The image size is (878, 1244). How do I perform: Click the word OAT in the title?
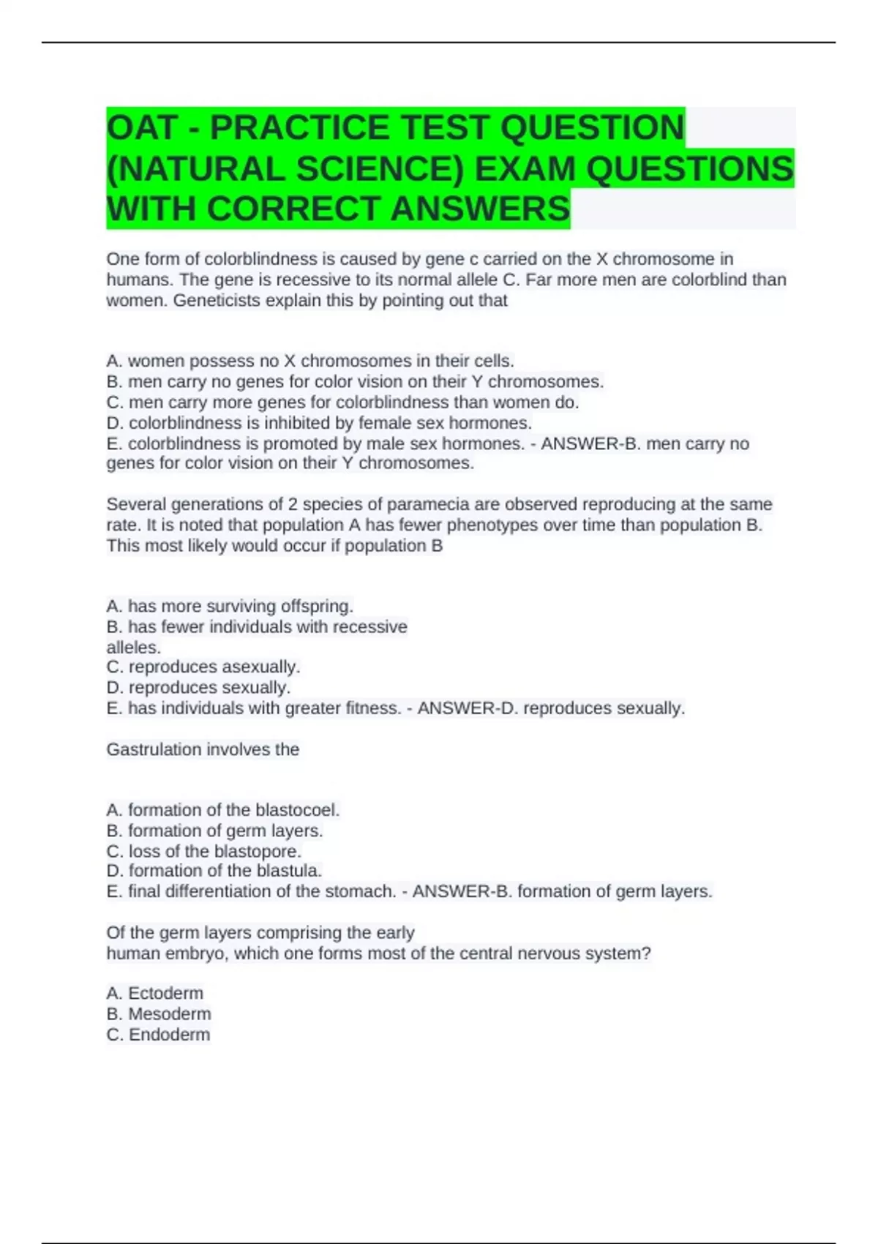(142, 128)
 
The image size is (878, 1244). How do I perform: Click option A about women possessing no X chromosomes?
(310, 361)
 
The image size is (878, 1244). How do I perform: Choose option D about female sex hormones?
(319, 423)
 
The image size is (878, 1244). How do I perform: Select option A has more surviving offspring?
(230, 606)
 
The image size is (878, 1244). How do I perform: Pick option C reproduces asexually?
(203, 667)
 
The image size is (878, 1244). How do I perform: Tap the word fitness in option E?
(372, 708)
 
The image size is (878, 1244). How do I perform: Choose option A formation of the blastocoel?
(223, 810)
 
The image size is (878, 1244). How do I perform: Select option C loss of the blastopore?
(204, 851)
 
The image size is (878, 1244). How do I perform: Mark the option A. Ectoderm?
(155, 993)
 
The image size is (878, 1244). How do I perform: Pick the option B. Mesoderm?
(159, 1013)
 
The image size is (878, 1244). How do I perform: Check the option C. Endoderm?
(158, 1034)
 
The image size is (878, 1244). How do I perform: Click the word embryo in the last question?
(196, 953)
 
